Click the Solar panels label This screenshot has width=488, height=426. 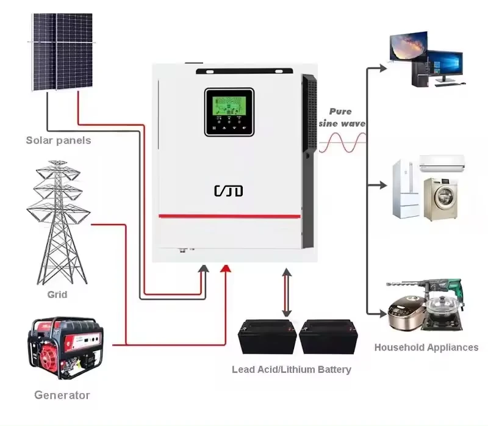58,140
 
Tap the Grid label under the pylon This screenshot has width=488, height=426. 57,295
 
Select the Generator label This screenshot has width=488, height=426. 62,395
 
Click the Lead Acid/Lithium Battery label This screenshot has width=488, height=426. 291,369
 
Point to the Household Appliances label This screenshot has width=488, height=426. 426,347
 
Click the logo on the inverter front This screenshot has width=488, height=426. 229,191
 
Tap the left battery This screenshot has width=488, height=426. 267,337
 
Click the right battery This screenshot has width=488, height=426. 328,337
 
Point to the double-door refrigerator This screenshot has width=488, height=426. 404,189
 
